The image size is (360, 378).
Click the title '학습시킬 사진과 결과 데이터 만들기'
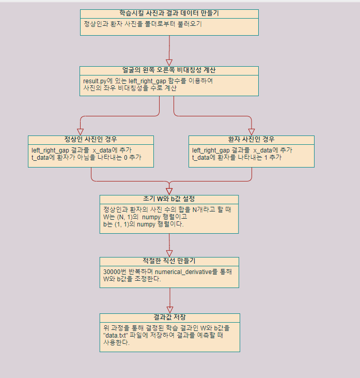pos(169,13)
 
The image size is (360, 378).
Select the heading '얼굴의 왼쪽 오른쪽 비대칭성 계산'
pos(169,70)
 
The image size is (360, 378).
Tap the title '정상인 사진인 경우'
pos(90,140)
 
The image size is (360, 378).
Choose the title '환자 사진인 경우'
pos(251,140)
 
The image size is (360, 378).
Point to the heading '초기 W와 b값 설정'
pos(169,199)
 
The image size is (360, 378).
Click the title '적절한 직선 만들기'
pos(169,261)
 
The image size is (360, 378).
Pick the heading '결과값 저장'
pos(169,317)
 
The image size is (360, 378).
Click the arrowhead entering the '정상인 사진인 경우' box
pos(81,131)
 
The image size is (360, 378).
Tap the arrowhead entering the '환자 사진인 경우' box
pos(252,131)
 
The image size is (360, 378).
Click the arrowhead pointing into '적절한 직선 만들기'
pos(169,253)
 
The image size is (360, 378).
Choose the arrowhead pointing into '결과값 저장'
pos(169,309)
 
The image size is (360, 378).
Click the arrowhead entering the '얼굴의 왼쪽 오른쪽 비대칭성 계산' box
pos(169,62)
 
